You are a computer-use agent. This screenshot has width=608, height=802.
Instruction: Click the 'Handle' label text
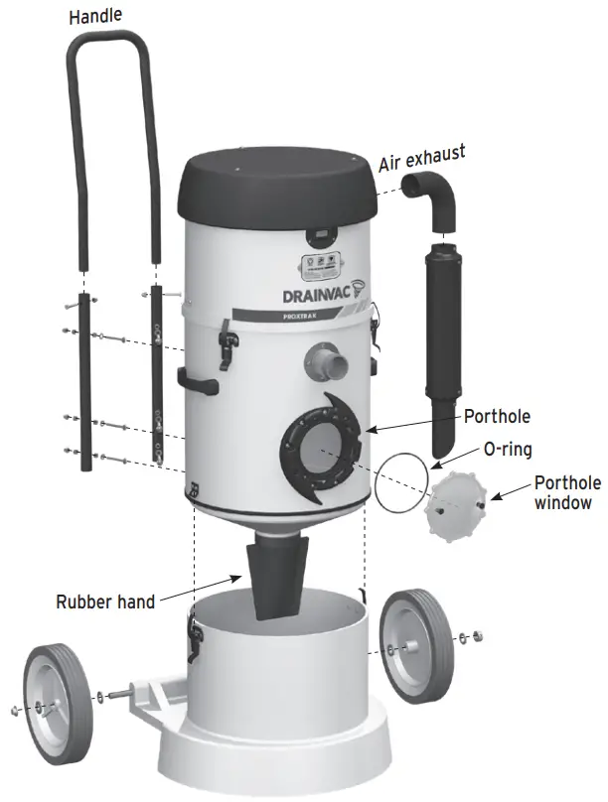tap(95, 17)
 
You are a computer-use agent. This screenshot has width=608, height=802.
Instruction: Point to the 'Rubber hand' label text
tap(105, 601)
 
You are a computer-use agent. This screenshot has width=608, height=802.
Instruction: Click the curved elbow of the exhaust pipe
tap(430, 199)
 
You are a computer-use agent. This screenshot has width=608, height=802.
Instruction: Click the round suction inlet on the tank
tap(327, 361)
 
